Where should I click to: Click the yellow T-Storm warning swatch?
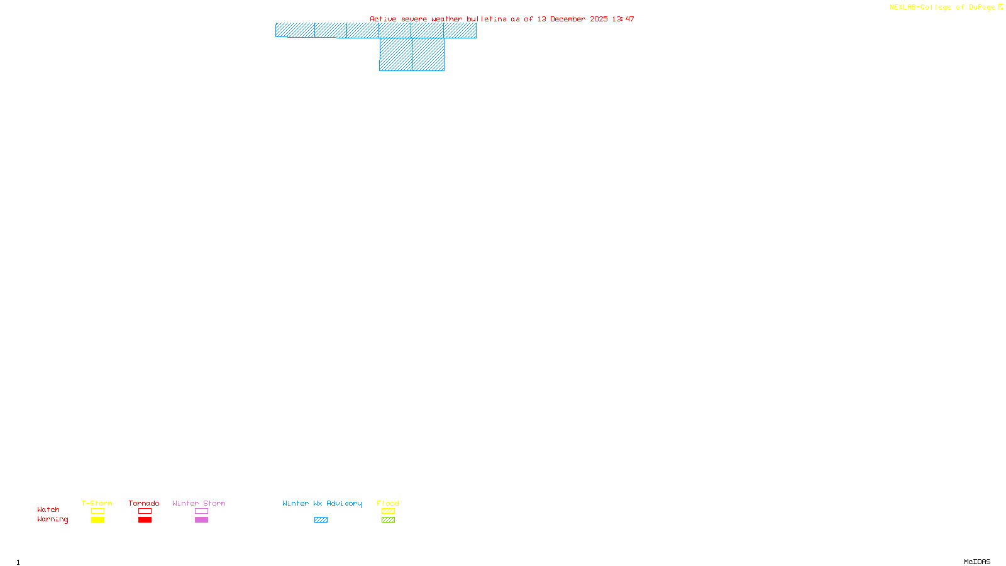97,520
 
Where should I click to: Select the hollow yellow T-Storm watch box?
97,511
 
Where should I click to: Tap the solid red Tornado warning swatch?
145,520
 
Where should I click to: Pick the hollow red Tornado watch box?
145,511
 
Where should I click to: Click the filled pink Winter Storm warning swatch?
201,520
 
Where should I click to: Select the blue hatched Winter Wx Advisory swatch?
321,520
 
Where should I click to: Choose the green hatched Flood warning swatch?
388,520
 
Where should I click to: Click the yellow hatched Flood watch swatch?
388,511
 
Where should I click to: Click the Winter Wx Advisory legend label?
322,503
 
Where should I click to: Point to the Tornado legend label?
144,503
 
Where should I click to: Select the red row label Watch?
48,509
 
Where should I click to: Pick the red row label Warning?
52,519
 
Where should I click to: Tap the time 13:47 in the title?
622,19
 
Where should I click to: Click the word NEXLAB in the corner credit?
903,7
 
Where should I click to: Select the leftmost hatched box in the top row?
295,30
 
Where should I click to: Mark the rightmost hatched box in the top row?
460,30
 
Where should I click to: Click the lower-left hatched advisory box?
395,54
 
